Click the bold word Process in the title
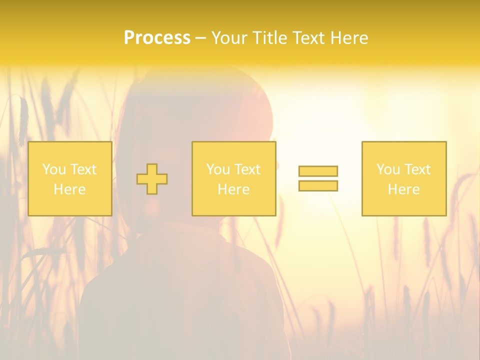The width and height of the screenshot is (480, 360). [157, 38]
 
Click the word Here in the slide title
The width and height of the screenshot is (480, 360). [350, 38]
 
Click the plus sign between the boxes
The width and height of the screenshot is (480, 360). [152, 179]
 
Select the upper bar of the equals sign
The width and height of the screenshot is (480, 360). [318, 171]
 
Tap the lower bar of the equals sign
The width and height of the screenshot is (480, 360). [318, 185]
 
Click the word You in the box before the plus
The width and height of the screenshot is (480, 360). [53, 169]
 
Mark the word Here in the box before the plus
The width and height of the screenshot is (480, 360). [69, 189]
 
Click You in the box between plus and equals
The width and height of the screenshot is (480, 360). [218, 169]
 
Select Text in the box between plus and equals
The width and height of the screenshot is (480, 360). [246, 169]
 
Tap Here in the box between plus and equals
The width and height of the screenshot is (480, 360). [233, 189]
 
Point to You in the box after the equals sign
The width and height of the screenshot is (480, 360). [388, 169]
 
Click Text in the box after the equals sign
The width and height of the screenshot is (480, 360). [416, 169]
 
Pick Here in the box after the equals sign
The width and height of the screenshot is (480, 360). [403, 189]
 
